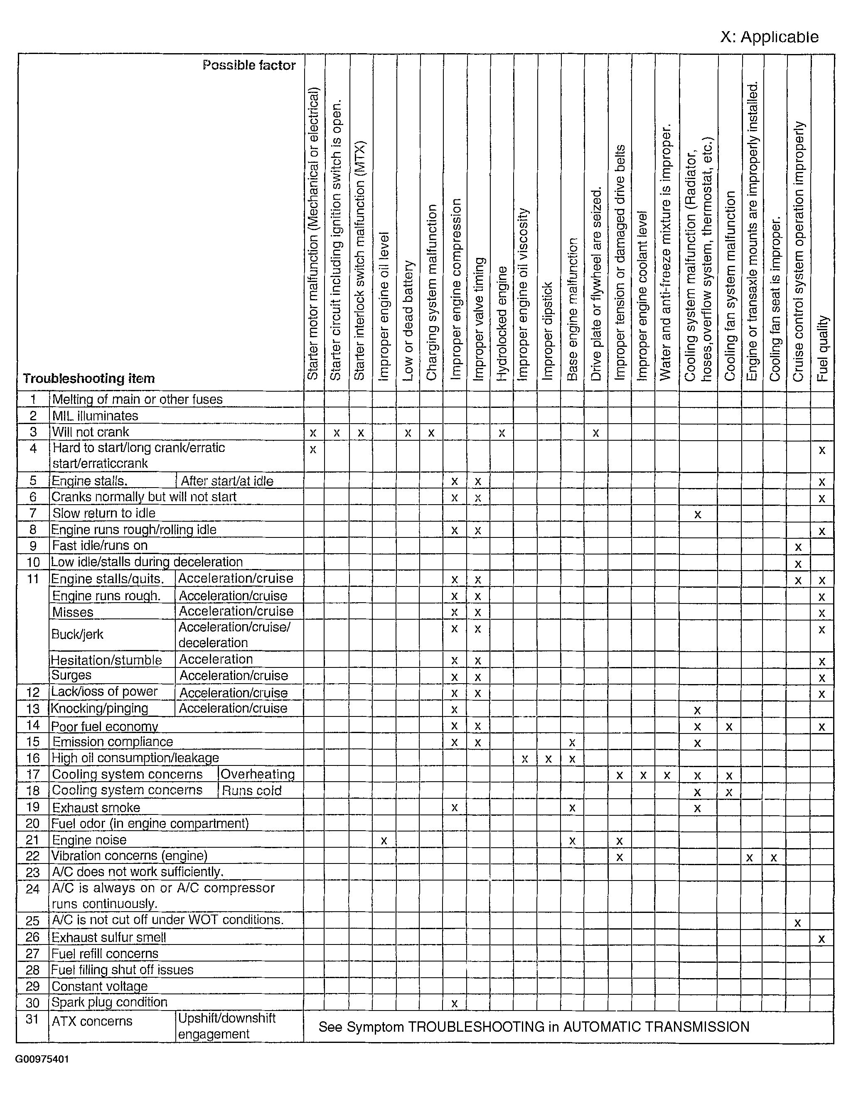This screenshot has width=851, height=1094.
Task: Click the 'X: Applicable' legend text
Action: pyautogui.click(x=769, y=37)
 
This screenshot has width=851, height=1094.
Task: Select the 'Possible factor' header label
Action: pyautogui.click(x=249, y=65)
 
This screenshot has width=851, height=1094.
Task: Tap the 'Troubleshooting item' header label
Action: pyautogui.click(x=89, y=378)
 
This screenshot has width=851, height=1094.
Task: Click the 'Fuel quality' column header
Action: pyautogui.click(x=822, y=348)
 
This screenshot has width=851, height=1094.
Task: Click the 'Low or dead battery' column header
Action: pyautogui.click(x=408, y=321)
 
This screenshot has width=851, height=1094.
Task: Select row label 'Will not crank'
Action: pyautogui.click(x=90, y=432)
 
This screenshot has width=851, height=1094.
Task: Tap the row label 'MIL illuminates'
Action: pyautogui.click(x=95, y=416)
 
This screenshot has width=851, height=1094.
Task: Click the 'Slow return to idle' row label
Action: pyautogui.click(x=104, y=513)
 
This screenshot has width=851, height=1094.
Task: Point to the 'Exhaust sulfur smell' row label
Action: pyautogui.click(x=108, y=937)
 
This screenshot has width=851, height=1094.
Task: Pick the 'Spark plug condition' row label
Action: pyautogui.click(x=109, y=1002)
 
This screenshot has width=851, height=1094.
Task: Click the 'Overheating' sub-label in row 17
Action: pyautogui.click(x=258, y=775)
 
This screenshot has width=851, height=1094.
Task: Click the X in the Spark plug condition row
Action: pyautogui.click(x=455, y=1003)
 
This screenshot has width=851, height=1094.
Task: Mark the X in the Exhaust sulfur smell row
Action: pyautogui.click(x=821, y=939)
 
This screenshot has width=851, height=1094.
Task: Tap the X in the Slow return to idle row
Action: pyautogui.click(x=697, y=515)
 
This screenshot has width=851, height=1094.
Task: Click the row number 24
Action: pyautogui.click(x=32, y=889)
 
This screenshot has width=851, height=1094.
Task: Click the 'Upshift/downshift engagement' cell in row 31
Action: pyautogui.click(x=226, y=1026)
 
